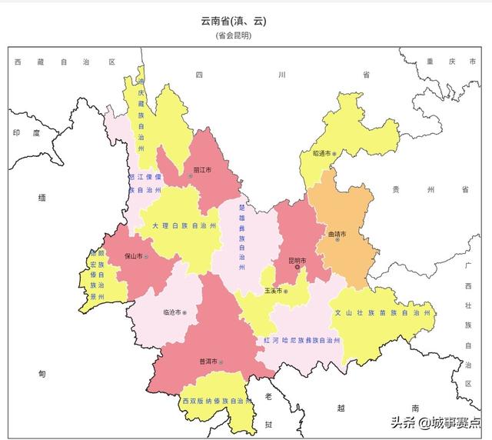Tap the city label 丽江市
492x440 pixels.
point(202,168)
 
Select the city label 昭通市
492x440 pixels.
point(321,153)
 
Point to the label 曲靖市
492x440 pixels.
point(337,234)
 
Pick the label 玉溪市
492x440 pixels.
point(273,291)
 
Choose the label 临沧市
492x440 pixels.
point(171,312)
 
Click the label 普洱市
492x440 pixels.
point(208,361)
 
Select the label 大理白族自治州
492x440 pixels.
point(184,226)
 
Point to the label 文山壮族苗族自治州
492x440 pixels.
point(381,313)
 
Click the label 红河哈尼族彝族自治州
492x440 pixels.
point(301,339)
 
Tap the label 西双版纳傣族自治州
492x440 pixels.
point(218,401)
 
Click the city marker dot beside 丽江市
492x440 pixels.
point(191,176)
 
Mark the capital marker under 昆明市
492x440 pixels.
point(298,268)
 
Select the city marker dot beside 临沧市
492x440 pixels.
point(184,312)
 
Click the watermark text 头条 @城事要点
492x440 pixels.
point(436,422)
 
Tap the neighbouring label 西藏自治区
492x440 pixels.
point(64,61)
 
